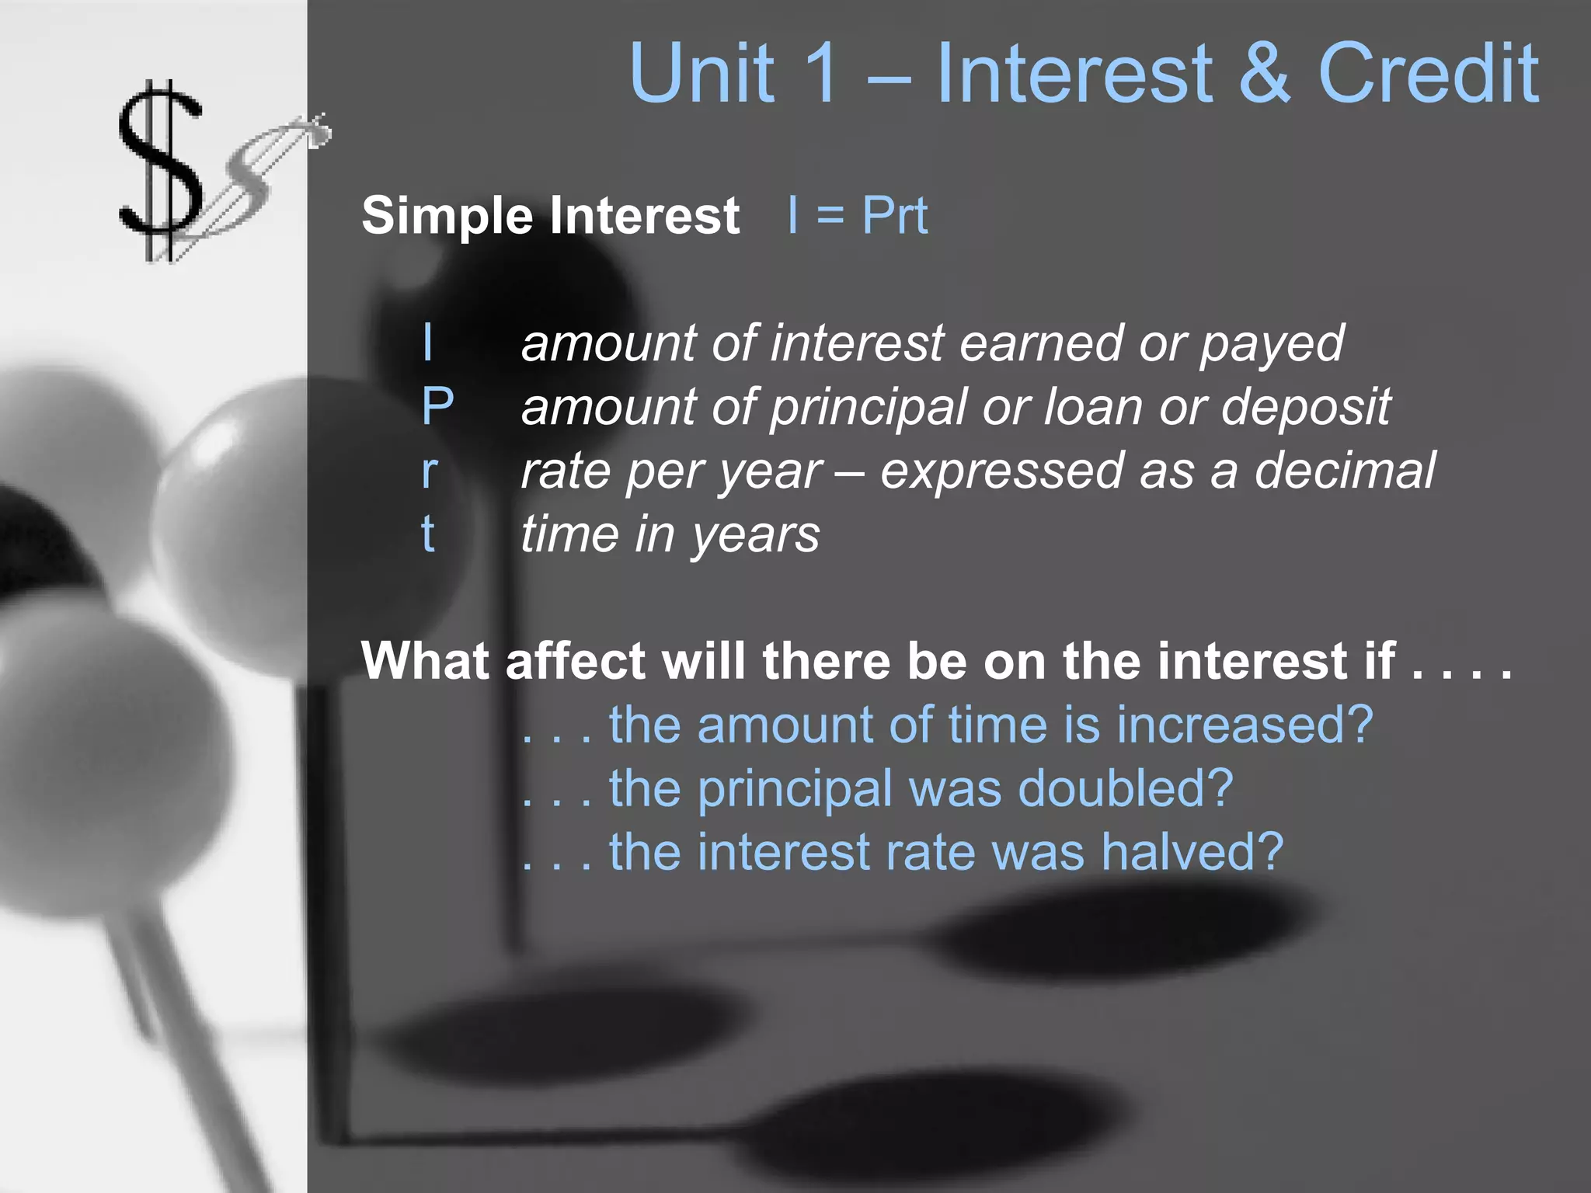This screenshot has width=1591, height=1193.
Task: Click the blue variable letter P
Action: pyautogui.click(x=437, y=406)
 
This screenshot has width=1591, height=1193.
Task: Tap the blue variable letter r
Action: pyautogui.click(x=430, y=471)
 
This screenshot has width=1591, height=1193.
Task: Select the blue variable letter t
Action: pyautogui.click(x=428, y=534)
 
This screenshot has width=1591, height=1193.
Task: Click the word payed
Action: pyautogui.click(x=1272, y=344)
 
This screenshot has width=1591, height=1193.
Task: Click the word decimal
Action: pyautogui.click(x=1345, y=471)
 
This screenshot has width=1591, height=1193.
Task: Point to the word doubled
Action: pyautogui.click(x=1125, y=789)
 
